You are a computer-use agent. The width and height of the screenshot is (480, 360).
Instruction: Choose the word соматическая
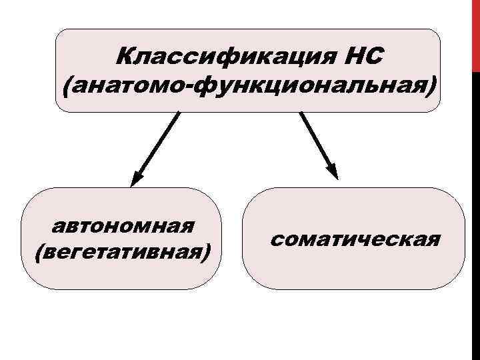tap(355, 239)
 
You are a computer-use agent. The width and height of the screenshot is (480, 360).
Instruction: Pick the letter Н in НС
tap(356, 57)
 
